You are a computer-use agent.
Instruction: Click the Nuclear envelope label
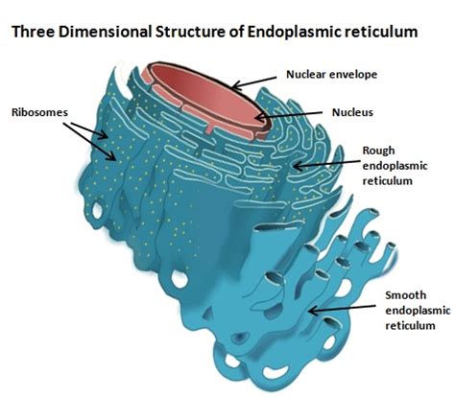click(x=331, y=75)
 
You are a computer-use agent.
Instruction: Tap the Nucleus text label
click(x=352, y=112)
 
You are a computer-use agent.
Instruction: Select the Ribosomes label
click(x=39, y=112)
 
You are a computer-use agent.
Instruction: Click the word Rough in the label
click(x=378, y=151)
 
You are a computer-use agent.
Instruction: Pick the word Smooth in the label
click(x=406, y=295)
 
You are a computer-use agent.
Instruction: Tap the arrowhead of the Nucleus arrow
click(x=260, y=118)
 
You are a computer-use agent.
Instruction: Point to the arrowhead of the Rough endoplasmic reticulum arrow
click(x=297, y=166)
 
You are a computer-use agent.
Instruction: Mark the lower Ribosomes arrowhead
click(x=112, y=156)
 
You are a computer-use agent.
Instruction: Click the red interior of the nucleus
click(x=208, y=96)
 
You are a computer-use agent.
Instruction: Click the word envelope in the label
click(x=353, y=76)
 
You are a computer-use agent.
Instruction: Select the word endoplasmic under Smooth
click(x=418, y=311)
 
